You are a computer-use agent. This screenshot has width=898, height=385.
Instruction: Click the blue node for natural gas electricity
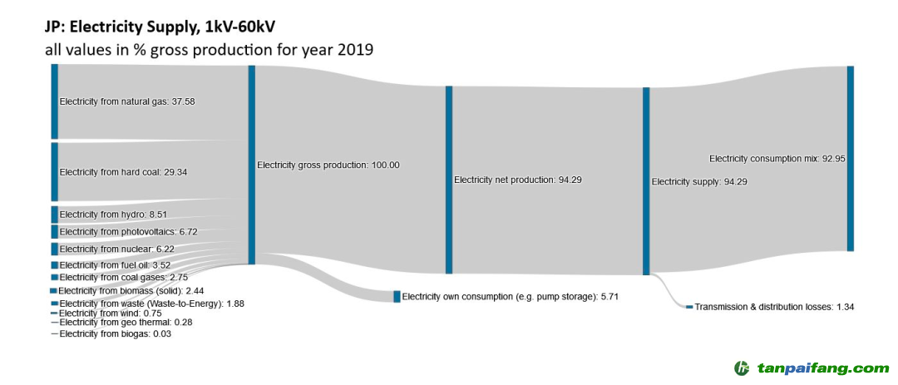click(55, 101)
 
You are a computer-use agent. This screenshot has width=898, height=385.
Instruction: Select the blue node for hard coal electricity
click(55, 172)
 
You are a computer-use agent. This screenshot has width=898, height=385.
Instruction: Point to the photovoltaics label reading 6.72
click(128, 232)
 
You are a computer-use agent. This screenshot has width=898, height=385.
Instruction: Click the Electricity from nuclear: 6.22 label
click(116, 249)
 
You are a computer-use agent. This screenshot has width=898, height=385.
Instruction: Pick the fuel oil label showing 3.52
click(115, 265)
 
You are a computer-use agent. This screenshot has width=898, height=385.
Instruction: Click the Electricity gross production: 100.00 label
click(328, 165)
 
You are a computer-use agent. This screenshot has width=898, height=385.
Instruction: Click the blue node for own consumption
click(397, 297)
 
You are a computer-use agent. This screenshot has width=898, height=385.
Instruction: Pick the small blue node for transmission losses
click(689, 308)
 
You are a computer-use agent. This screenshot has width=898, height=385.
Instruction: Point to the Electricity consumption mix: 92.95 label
click(777, 158)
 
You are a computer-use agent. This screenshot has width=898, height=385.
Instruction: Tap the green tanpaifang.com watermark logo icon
click(743, 368)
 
